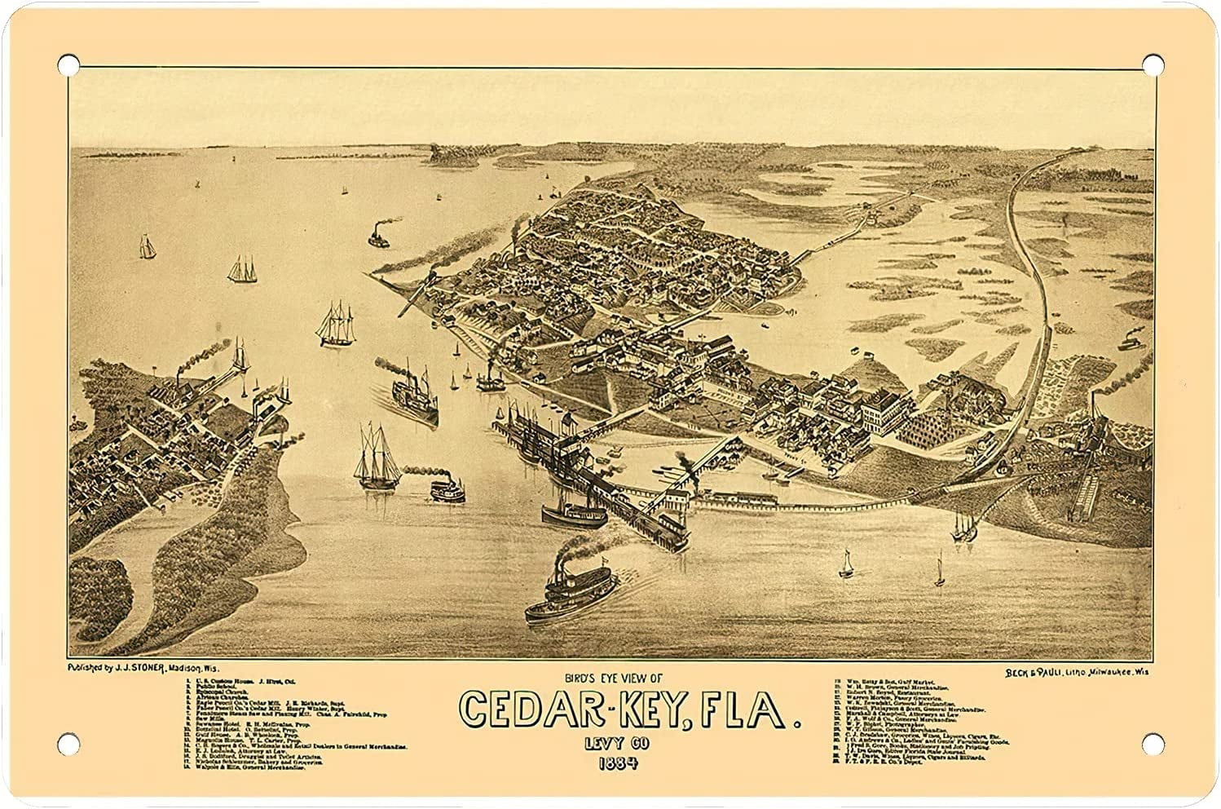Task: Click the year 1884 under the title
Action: click(x=618, y=764)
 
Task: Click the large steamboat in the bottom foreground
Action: click(x=569, y=591)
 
